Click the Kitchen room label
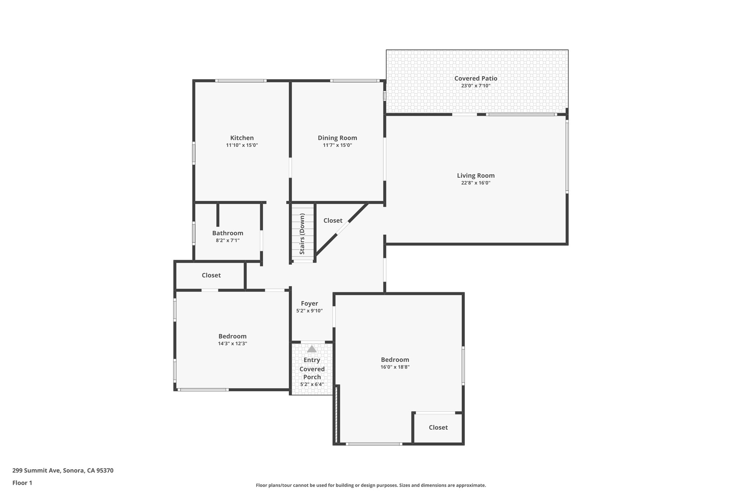pyautogui.click(x=242, y=138)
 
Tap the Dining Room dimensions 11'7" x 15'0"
pyautogui.click(x=337, y=145)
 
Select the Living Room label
pyautogui.click(x=476, y=176)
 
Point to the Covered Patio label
pyautogui.click(x=476, y=78)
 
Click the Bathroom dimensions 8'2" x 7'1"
pyautogui.click(x=228, y=240)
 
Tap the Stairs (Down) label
pyautogui.click(x=302, y=234)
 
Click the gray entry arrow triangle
pyautogui.click(x=312, y=349)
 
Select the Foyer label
pyautogui.click(x=309, y=304)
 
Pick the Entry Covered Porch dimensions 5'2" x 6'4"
pyautogui.click(x=312, y=384)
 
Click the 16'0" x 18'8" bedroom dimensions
pyautogui.click(x=395, y=367)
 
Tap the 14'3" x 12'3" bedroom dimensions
pyautogui.click(x=232, y=344)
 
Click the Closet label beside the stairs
pyautogui.click(x=333, y=220)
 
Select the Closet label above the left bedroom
pyautogui.click(x=211, y=275)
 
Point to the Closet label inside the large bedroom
pyautogui.click(x=438, y=428)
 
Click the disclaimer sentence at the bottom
pyautogui.click(x=371, y=485)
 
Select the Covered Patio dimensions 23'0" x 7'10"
pyautogui.click(x=476, y=86)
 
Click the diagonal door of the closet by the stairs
pyautogui.click(x=343, y=228)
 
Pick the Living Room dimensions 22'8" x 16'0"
pyautogui.click(x=476, y=183)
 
